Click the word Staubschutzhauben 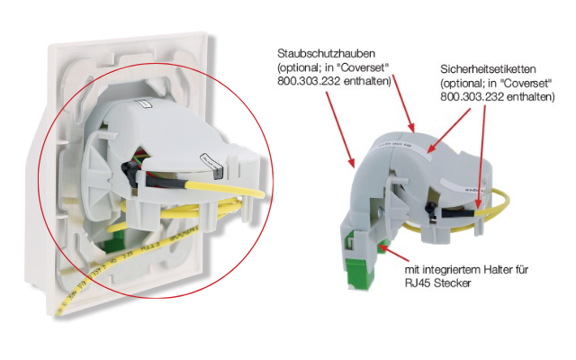point(326,54)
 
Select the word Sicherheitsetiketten point(488,69)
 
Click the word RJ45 point(417,283)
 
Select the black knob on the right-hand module point(429,208)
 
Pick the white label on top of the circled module point(144,106)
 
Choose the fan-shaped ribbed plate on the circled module point(97,176)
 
